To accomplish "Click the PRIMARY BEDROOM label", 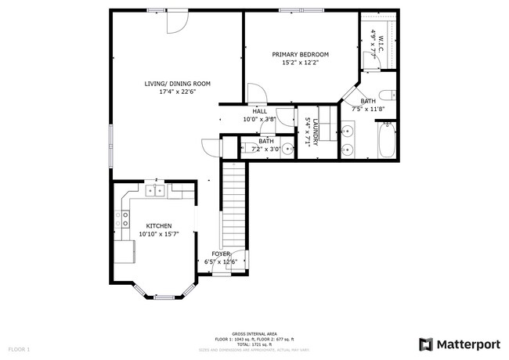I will coord(300,54).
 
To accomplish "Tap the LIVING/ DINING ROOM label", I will coord(177,84).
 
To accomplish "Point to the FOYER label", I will coord(221,254).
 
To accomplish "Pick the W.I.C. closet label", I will coord(381,44).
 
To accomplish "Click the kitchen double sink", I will coord(155,189).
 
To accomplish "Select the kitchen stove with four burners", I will coord(124,218).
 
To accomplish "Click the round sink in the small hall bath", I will coord(287,147).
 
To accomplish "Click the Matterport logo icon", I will coord(426,344).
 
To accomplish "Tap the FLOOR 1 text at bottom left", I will coord(19,348).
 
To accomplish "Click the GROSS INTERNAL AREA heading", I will coord(254,333).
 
